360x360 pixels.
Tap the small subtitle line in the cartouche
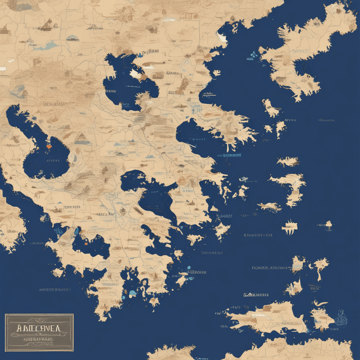39,339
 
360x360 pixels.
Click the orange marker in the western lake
49,147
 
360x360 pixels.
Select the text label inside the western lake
53,161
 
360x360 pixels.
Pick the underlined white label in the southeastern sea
256,295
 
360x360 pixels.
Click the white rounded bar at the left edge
3,69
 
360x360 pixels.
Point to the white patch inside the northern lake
136,74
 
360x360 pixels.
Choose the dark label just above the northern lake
150,51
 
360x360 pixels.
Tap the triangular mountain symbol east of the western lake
82,137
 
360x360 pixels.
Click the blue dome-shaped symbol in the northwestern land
72,37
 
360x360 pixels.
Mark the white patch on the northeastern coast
222,37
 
